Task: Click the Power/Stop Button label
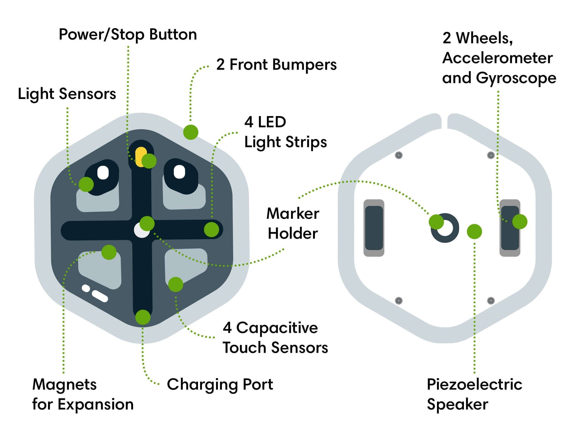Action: pyautogui.click(x=128, y=35)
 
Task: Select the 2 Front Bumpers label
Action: pyautogui.click(x=276, y=65)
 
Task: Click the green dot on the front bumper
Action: pyautogui.click(x=190, y=132)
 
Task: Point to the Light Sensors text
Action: pyautogui.click(x=67, y=94)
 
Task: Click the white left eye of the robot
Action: pyautogui.click(x=103, y=172)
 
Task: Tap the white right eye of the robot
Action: pyautogui.click(x=179, y=172)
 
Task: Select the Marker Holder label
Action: pyautogui.click(x=293, y=224)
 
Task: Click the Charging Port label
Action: pyautogui.click(x=220, y=384)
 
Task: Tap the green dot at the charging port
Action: pyautogui.click(x=143, y=317)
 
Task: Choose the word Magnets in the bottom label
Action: pyautogui.click(x=64, y=384)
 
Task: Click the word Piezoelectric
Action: pyautogui.click(x=474, y=384)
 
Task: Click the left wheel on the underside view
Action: pyautogui.click(x=374, y=228)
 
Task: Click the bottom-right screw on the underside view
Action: pyautogui.click(x=491, y=301)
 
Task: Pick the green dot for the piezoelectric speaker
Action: pyautogui.click(x=474, y=231)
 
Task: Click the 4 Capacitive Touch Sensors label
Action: pyautogui.click(x=275, y=338)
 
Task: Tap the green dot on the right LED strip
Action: pyautogui.click(x=211, y=229)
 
